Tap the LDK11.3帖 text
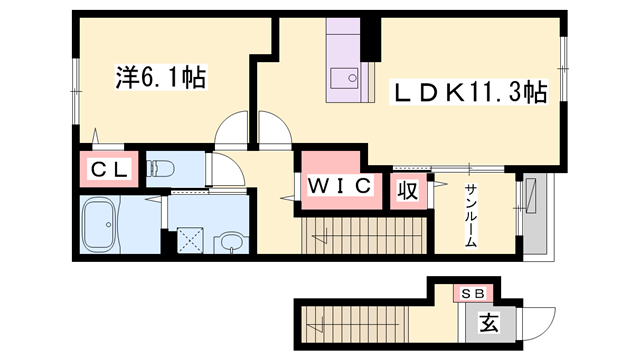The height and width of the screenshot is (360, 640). click(467, 94)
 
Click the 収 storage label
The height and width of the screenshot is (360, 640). click(408, 187)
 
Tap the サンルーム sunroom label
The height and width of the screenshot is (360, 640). click(470, 215)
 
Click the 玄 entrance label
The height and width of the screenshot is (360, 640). click(488, 324)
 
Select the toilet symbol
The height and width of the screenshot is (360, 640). click(162, 168)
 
